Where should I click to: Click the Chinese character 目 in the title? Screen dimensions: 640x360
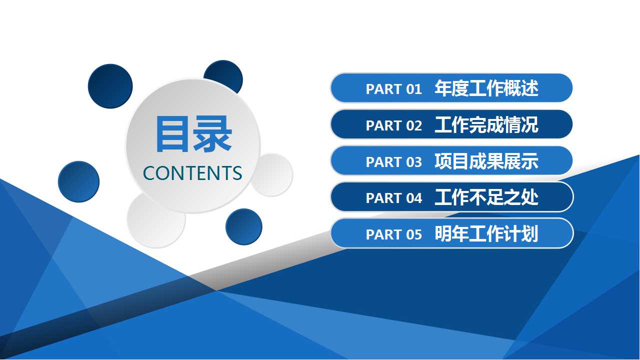[171, 133]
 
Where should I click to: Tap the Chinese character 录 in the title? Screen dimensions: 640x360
[212, 133]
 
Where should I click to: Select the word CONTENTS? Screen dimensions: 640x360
[192, 173]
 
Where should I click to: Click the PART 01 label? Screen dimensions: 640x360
[393, 89]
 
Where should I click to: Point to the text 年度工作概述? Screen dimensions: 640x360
[486, 88]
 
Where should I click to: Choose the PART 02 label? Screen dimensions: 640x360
[393, 125]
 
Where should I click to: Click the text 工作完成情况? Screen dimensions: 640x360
[486, 124]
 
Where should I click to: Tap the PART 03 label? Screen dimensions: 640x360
[393, 162]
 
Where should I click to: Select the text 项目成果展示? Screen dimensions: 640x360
[486, 161]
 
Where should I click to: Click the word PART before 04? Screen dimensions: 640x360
[383, 198]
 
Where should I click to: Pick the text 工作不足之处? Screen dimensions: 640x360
[486, 197]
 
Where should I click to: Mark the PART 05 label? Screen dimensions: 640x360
[393, 234]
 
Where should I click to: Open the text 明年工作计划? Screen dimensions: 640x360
[486, 233]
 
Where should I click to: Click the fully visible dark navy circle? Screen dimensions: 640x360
[110, 86]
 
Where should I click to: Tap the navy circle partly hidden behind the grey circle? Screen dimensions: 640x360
[225, 73]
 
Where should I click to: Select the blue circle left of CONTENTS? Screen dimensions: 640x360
[78, 181]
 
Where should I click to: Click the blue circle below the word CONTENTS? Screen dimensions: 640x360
[243, 227]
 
